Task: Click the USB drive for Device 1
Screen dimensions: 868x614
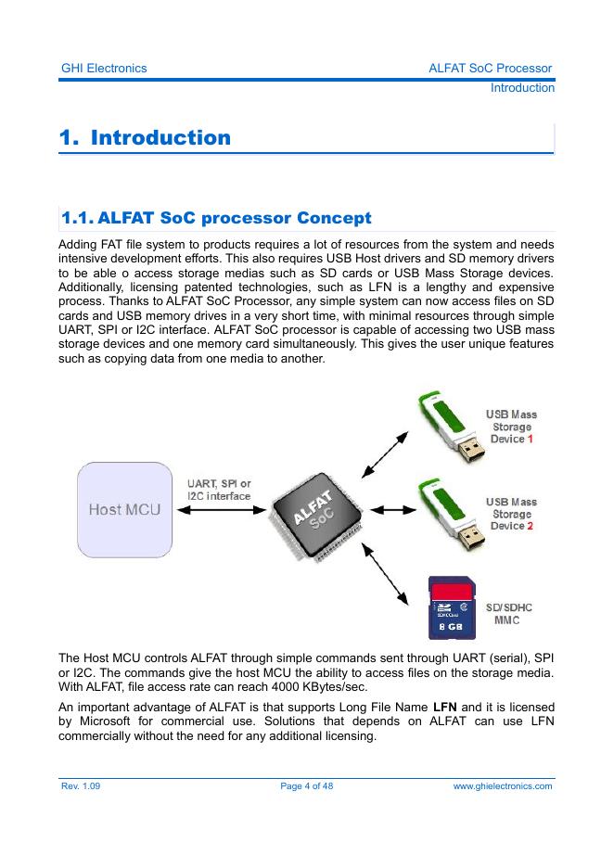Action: [x=452, y=430]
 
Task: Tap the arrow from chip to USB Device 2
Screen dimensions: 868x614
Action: [x=396, y=509]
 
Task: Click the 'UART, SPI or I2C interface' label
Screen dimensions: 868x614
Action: [x=219, y=490]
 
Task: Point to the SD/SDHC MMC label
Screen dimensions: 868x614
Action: [x=509, y=614]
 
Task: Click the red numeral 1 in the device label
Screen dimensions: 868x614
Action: [x=531, y=439]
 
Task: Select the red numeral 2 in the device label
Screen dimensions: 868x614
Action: [x=531, y=526]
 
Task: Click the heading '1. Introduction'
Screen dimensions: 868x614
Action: [x=145, y=138]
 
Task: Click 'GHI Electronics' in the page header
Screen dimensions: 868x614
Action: [x=103, y=69]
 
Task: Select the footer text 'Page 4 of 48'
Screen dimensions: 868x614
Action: [x=306, y=786]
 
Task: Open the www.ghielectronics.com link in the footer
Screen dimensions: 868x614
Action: [x=502, y=786]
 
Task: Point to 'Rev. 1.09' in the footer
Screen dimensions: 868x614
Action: [x=81, y=786]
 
